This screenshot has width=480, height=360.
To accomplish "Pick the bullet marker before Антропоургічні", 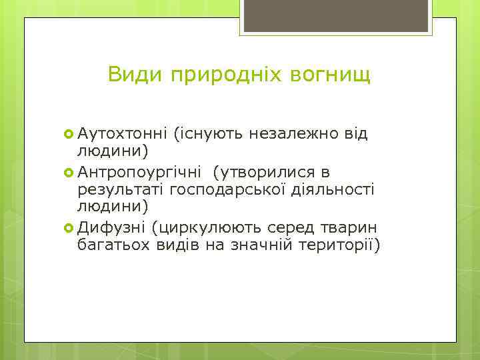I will click(69, 172).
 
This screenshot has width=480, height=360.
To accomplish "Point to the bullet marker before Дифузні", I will click(69, 227).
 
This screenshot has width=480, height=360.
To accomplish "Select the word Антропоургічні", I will click(142, 172).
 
